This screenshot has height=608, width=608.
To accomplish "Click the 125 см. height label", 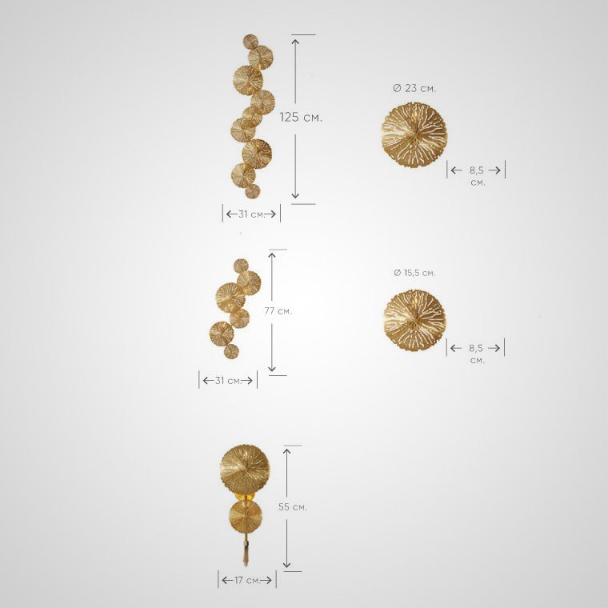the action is [x=301, y=117].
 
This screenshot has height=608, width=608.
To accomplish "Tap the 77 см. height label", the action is [x=278, y=311].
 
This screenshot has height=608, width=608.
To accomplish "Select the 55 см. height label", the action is [x=292, y=506].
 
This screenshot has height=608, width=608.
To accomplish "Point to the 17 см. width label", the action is [x=247, y=580].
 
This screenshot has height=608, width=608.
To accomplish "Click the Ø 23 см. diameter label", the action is [x=414, y=89].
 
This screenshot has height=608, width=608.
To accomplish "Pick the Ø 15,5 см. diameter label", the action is [x=414, y=273].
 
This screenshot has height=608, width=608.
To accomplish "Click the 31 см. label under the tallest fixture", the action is [x=251, y=214].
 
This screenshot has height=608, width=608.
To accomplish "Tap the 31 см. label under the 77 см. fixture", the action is [x=228, y=381].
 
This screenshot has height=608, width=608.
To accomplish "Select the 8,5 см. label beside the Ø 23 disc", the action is [x=478, y=176].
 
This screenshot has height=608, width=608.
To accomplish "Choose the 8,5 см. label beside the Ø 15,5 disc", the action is [x=477, y=354].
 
